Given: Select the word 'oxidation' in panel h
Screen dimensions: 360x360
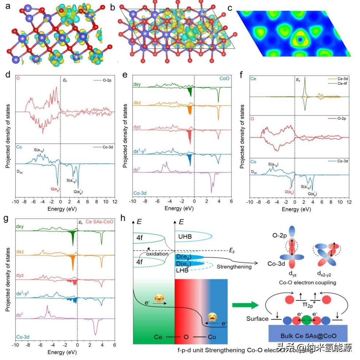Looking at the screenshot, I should pyautogui.click(x=158, y=254).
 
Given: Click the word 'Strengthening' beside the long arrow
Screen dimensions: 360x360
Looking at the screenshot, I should pyautogui.click(x=234, y=266).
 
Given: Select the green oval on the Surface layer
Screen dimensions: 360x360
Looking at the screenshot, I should pyautogui.click(x=307, y=319).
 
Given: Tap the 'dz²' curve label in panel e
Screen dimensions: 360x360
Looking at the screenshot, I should pyautogui.click(x=138, y=169).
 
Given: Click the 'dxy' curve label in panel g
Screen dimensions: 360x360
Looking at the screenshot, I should pyautogui.click(x=19, y=227).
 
